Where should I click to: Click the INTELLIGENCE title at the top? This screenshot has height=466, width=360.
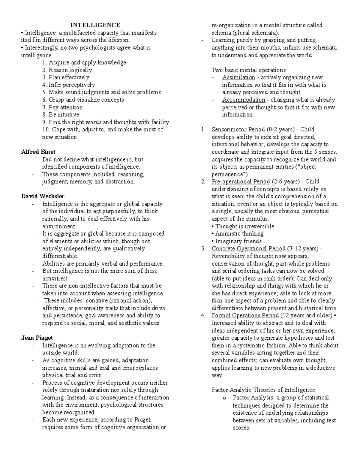click(x=95, y=25)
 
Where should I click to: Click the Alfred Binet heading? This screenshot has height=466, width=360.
click(x=38, y=152)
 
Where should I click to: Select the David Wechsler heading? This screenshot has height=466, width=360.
click(x=43, y=197)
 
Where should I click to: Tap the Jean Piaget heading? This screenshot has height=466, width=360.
click(x=37, y=338)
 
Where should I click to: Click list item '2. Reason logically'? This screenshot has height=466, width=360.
click(x=67, y=70)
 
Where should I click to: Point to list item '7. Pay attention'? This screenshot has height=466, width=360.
click(x=62, y=107)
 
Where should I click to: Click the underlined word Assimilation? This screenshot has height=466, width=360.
click(x=238, y=77)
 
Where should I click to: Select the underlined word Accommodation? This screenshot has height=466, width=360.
click(x=244, y=100)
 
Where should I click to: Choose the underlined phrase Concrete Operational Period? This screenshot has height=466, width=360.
click(x=248, y=248)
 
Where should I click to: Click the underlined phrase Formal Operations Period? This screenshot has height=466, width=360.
click(x=245, y=315)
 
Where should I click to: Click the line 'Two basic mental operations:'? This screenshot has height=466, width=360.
click(x=249, y=70)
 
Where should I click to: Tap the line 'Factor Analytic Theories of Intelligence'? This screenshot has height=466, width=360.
click(x=263, y=390)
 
